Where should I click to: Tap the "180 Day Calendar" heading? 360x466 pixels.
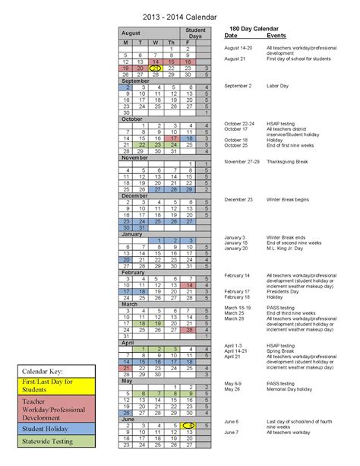click(254, 28)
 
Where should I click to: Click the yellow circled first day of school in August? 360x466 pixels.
click(156, 68)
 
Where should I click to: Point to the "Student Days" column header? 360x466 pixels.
click(196, 33)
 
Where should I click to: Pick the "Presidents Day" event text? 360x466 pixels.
click(286, 291)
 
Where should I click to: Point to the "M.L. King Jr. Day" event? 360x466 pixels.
click(287, 248)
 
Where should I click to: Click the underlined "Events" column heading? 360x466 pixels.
click(276, 36)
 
